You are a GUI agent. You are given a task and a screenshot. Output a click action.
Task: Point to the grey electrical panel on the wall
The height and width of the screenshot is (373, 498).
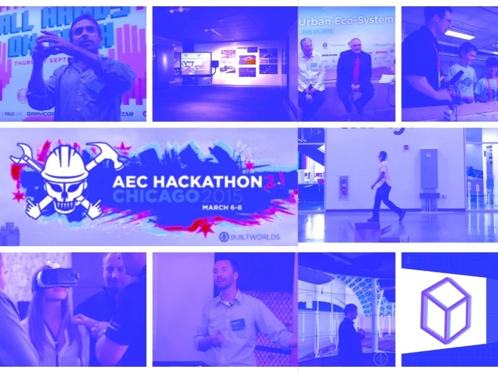point(429,169)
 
